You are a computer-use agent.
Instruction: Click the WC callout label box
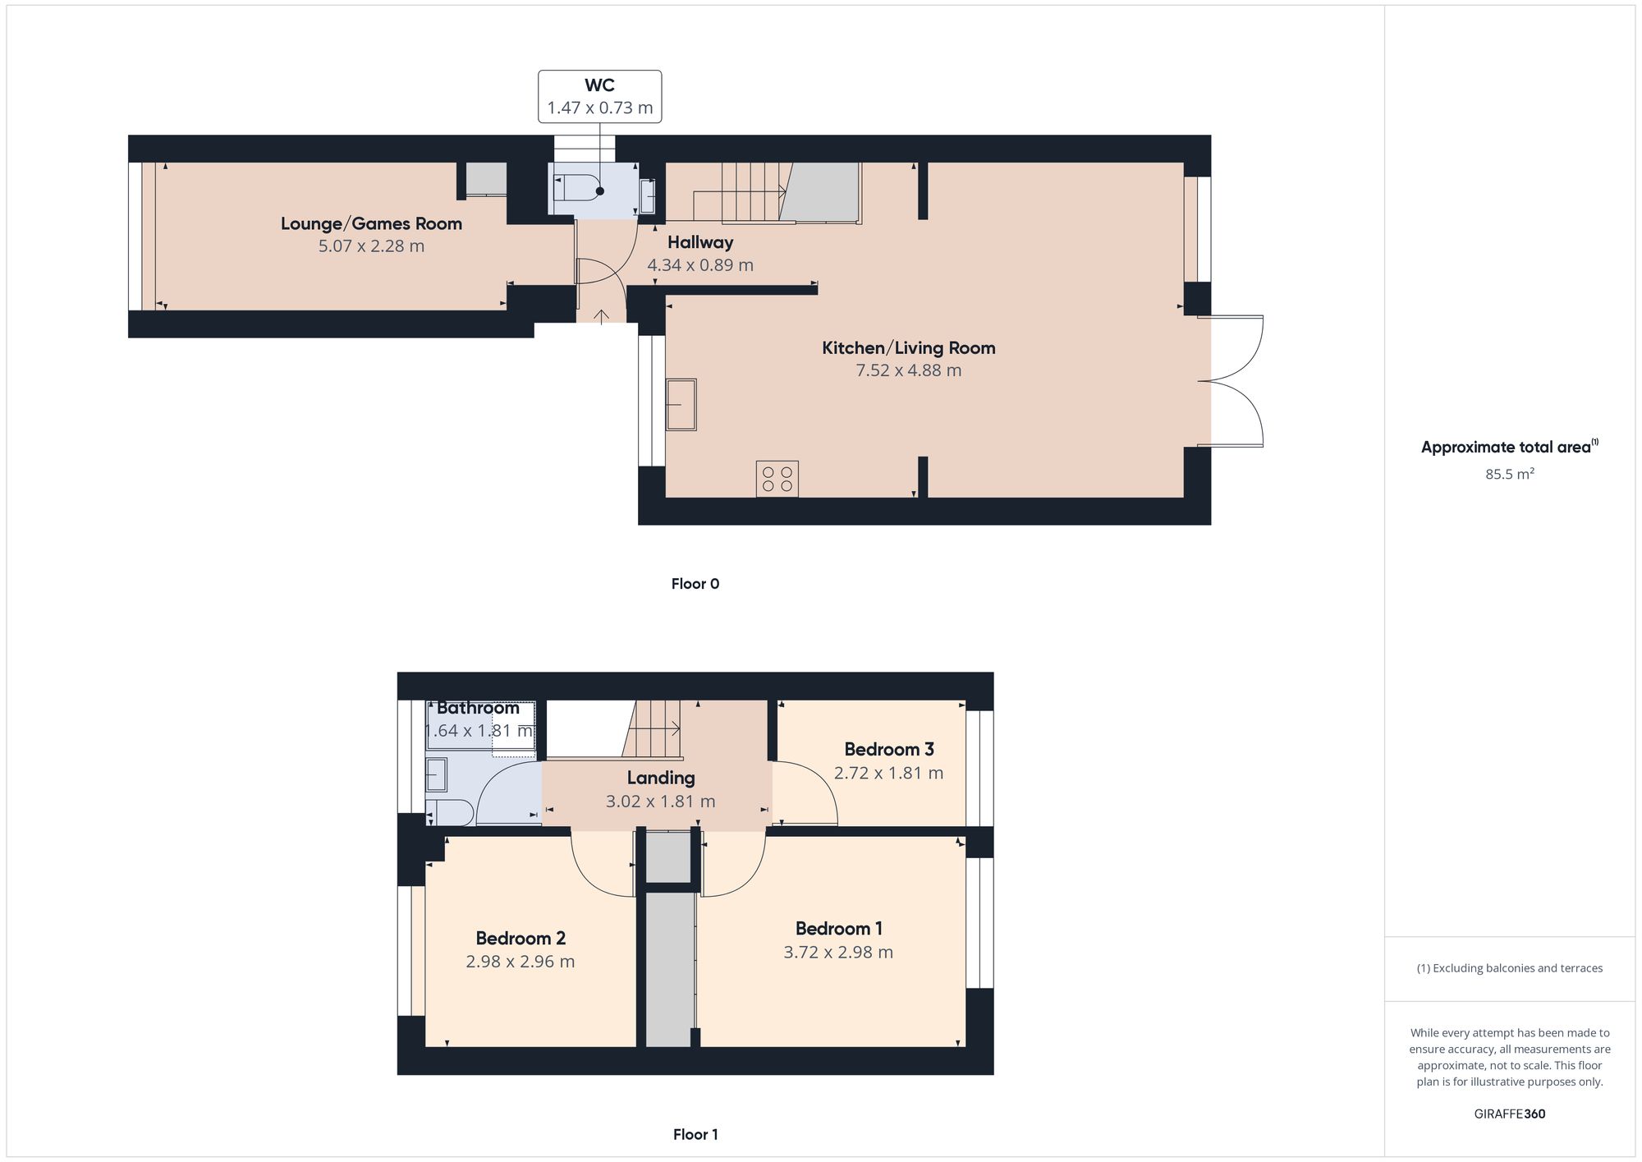[x=599, y=97]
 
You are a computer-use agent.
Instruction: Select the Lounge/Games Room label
[x=371, y=223]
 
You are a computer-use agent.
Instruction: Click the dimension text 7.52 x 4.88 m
[x=908, y=370]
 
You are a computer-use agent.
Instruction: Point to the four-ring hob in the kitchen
[x=777, y=479]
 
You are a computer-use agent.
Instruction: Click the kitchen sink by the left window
[x=681, y=404]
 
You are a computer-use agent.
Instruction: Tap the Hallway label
[x=699, y=242]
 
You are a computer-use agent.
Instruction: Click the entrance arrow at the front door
[x=601, y=316]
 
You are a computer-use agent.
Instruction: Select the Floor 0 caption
[x=695, y=584]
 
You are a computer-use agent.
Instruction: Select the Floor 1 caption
[x=695, y=1134]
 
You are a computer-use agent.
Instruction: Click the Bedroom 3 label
[x=888, y=749]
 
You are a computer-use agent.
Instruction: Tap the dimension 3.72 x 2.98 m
[x=837, y=953]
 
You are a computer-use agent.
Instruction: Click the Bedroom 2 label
[x=520, y=938]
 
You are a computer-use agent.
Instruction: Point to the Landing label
[x=660, y=778]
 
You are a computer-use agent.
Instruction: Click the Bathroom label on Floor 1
[x=478, y=708]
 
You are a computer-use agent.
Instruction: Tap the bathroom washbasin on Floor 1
[x=437, y=774]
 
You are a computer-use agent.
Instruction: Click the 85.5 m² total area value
[x=1509, y=474]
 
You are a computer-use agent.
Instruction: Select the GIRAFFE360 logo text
[x=1509, y=1114]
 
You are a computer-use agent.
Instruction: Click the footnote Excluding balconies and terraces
[x=1509, y=968]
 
